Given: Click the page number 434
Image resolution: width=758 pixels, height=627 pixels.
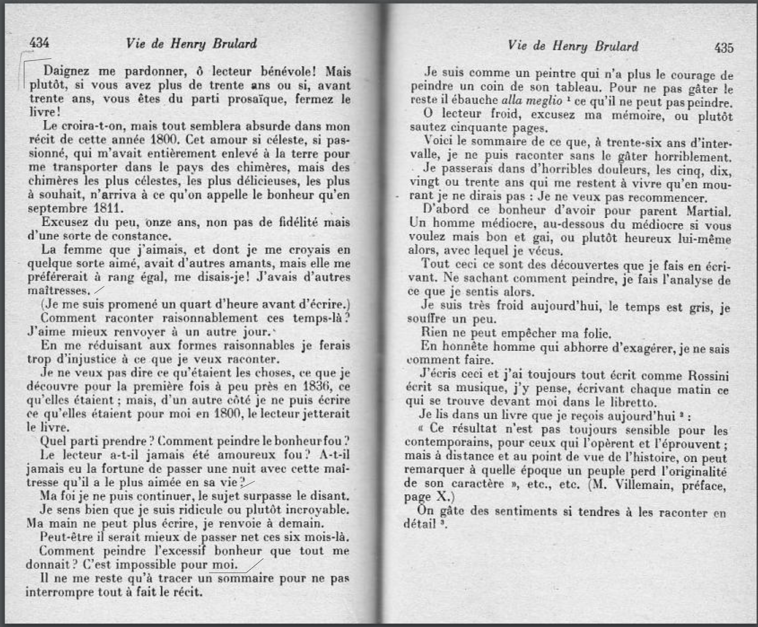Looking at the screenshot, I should (39, 43).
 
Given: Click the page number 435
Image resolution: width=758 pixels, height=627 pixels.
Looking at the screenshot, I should (724, 48).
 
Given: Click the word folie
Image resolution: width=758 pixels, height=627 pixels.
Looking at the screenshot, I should (597, 333).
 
